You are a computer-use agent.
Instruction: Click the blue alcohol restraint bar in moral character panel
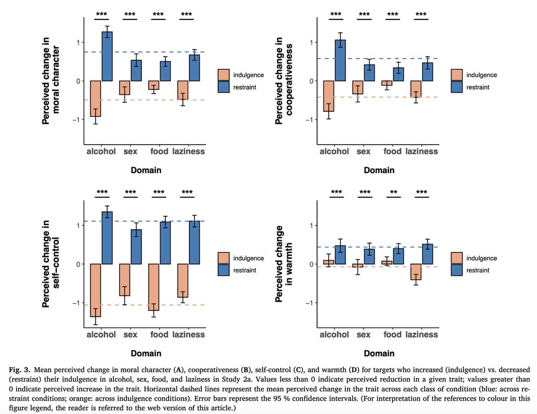point(107,56)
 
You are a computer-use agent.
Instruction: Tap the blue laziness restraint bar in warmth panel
point(428,254)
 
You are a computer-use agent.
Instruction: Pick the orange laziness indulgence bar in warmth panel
point(416,272)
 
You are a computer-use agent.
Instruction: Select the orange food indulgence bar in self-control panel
point(153,287)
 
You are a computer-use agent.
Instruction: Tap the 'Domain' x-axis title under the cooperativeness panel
point(379,170)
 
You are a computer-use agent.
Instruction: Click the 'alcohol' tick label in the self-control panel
point(101,334)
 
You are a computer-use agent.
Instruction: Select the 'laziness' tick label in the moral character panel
point(188,151)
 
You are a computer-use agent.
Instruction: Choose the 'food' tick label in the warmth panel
point(393,334)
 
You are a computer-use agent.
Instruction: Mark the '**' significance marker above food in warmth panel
point(394,192)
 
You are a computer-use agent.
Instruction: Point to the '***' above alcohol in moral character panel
point(101,15)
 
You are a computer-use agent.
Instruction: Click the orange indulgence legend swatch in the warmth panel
point(458,258)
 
